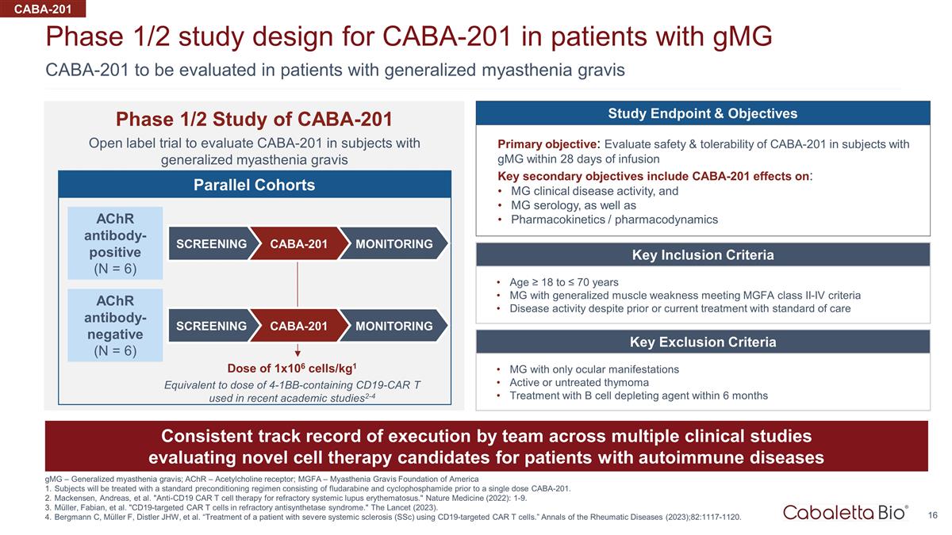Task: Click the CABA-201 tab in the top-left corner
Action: tap(41, 9)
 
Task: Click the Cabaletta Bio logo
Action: tap(846, 512)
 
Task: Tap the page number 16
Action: tap(933, 516)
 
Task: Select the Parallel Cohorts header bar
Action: tap(255, 185)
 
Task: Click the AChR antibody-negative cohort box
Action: tap(116, 325)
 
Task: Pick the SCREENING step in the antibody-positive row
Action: tap(211, 243)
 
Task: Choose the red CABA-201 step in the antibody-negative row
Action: tap(299, 326)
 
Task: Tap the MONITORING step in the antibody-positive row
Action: tap(393, 243)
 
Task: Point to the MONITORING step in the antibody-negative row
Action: tap(393, 326)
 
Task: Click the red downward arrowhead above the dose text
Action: tap(298, 353)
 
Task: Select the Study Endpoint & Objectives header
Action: tap(702, 113)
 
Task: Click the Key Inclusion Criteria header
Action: tap(702, 255)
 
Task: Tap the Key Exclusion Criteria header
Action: tap(702, 342)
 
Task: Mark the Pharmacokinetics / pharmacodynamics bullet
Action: tap(614, 220)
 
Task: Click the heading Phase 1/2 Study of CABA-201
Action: tap(254, 119)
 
